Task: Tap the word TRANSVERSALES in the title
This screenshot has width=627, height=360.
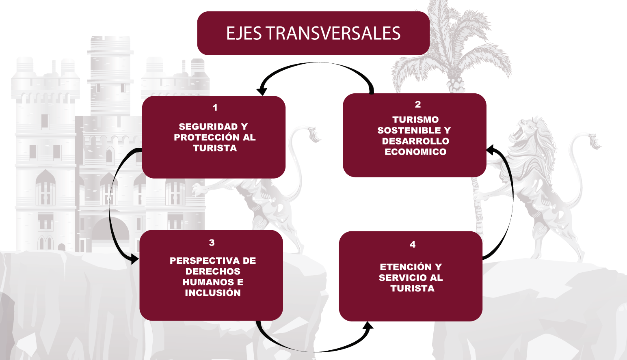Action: click(x=333, y=33)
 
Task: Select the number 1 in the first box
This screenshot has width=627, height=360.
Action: click(x=215, y=108)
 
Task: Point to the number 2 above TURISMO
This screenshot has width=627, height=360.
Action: click(x=417, y=104)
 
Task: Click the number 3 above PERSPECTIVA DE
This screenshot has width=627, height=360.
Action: click(x=212, y=243)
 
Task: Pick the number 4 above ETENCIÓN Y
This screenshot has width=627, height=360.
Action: click(x=413, y=244)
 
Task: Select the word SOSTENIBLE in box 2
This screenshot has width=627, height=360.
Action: click(x=409, y=130)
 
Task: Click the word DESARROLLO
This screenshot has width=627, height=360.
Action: click(x=415, y=141)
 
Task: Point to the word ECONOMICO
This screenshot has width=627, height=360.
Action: click(x=415, y=152)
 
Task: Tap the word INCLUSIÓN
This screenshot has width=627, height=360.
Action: click(x=213, y=293)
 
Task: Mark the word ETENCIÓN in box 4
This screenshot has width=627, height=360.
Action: click(x=400, y=267)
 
